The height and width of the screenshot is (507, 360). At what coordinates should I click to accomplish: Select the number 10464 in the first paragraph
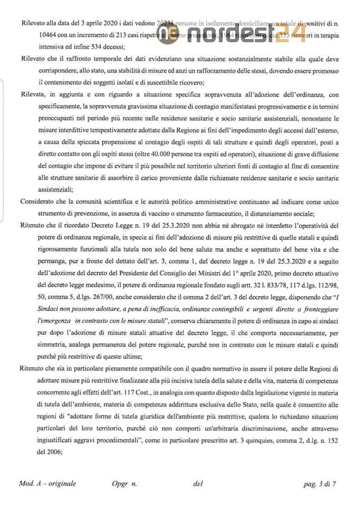tap(48, 35)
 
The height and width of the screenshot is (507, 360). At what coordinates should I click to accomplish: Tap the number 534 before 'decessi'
tap(98, 46)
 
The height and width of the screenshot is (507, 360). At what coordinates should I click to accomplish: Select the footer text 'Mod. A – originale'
tap(48, 483)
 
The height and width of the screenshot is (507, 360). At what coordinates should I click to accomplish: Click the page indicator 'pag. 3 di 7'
tap(320, 483)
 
